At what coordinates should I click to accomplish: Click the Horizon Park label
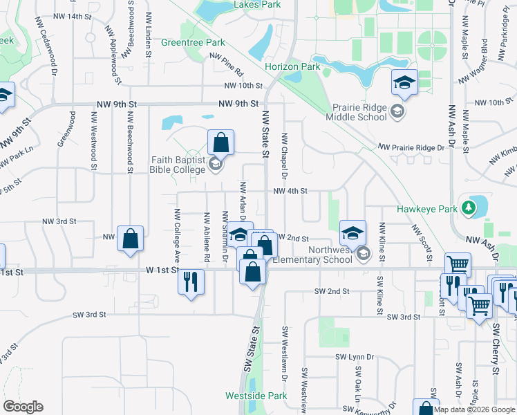[292, 67]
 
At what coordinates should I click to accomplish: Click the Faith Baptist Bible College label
[178, 164]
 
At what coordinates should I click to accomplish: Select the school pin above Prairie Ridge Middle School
[404, 84]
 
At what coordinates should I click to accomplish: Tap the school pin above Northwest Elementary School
[352, 232]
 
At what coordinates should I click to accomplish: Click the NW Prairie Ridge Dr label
[411, 147]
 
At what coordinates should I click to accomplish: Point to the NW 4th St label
[290, 191]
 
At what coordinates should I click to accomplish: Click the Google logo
[23, 407]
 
